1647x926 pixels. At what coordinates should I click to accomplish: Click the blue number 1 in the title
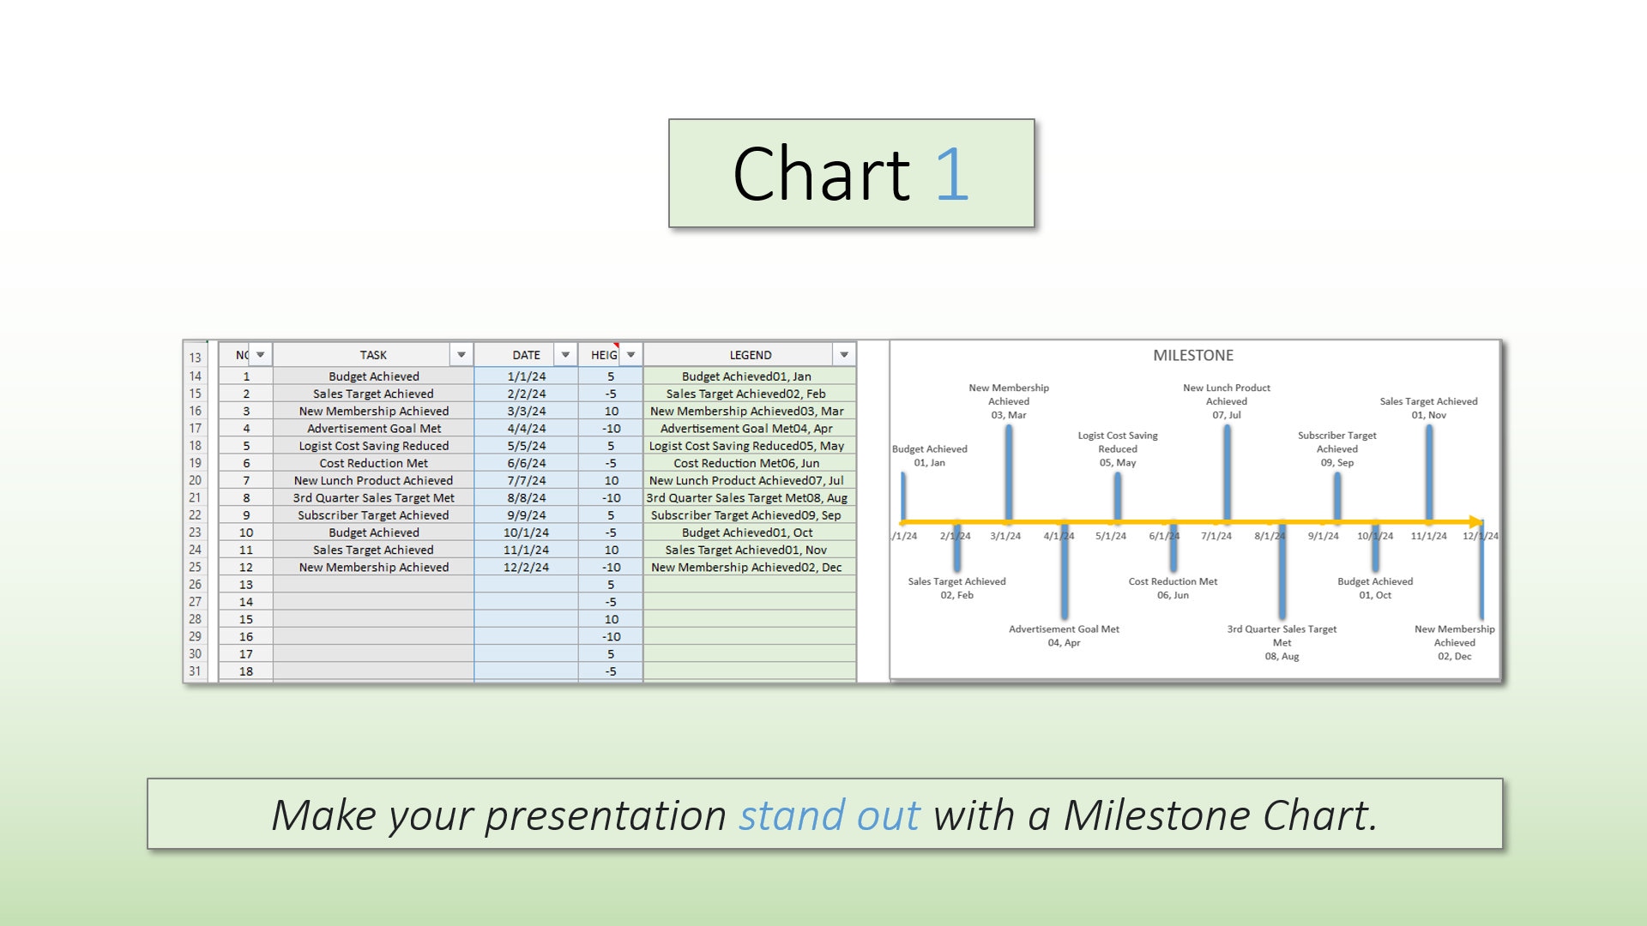tap(951, 175)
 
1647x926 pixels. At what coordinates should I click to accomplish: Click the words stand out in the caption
tap(830, 815)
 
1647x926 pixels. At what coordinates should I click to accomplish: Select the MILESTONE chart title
tap(1192, 355)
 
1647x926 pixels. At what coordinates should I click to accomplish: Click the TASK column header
tap(372, 355)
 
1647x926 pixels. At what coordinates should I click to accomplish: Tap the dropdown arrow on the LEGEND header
tap(844, 355)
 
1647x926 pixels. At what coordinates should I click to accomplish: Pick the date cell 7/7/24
tap(526, 480)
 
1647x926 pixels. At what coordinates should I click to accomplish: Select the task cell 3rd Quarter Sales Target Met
tap(373, 497)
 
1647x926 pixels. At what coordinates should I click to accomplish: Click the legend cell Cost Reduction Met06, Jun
tap(745, 463)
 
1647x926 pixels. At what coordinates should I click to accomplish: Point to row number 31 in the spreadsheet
tap(196, 671)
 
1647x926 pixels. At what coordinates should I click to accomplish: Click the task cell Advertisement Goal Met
tap(373, 429)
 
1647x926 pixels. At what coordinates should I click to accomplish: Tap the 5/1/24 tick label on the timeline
tap(1110, 536)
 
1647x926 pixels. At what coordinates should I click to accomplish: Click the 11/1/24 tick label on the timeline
tap(1428, 536)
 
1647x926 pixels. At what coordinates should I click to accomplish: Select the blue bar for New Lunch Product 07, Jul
tap(1227, 472)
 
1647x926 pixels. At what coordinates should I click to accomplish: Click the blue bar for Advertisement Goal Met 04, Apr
tap(1064, 570)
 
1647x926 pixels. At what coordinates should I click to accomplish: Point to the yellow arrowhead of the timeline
tap(1476, 521)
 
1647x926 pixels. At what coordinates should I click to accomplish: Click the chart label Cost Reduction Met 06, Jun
tap(1173, 588)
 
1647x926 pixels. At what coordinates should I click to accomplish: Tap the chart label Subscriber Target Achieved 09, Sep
tap(1336, 448)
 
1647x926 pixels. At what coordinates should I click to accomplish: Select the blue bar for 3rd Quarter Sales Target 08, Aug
tap(1282, 570)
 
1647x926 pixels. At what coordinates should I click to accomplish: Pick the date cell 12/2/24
tap(526, 567)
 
